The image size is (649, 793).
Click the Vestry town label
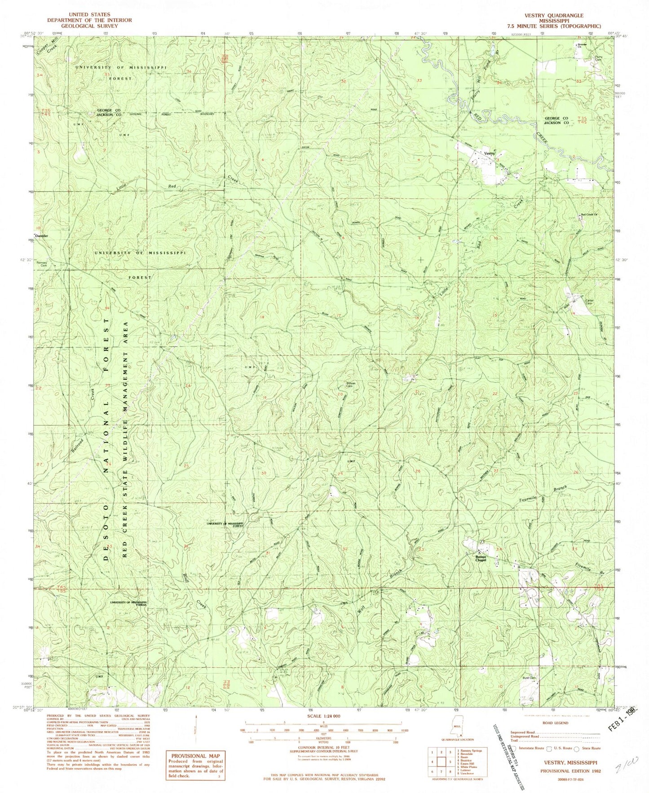point(489,153)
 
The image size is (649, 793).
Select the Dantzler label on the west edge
point(41,235)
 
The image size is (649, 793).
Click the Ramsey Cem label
point(42,263)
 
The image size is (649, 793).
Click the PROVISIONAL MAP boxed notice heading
point(188,756)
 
